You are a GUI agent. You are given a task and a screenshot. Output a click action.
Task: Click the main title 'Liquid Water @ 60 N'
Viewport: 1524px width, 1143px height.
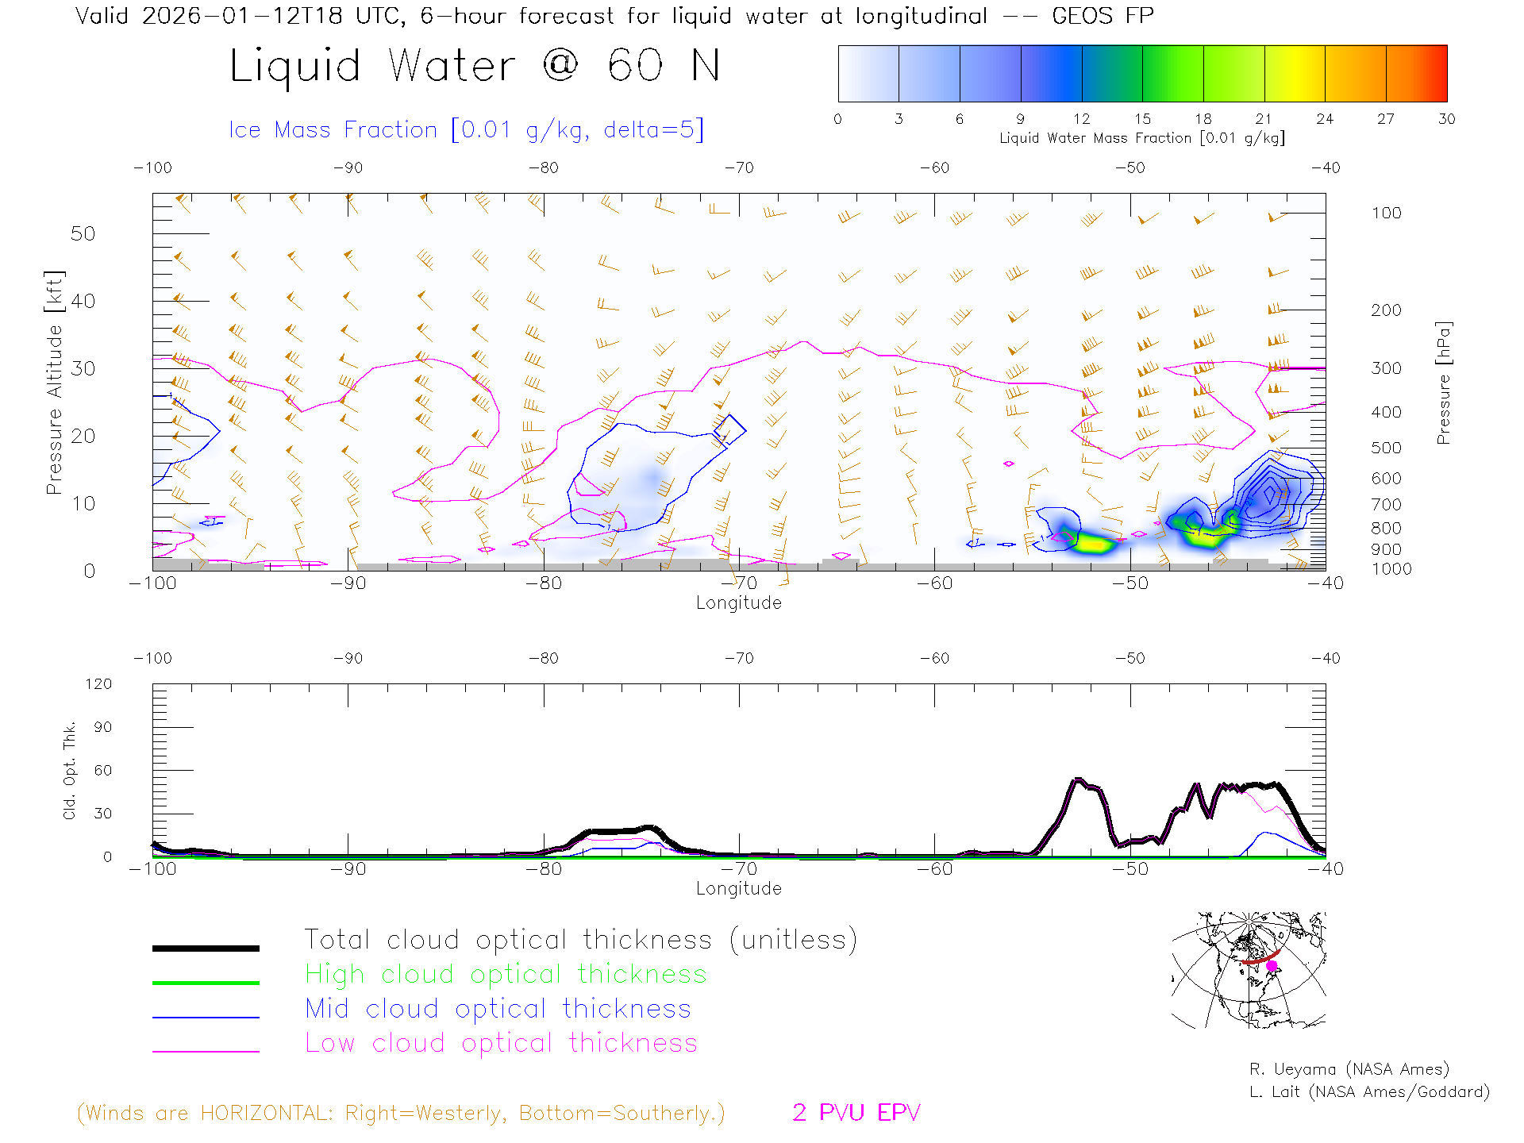[x=475, y=66]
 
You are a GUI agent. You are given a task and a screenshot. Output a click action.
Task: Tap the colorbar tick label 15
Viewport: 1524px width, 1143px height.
[x=1142, y=119]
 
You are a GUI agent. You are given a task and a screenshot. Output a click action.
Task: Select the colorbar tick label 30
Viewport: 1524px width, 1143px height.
[x=1446, y=119]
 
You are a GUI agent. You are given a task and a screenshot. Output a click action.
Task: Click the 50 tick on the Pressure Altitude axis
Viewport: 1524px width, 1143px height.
[x=83, y=234]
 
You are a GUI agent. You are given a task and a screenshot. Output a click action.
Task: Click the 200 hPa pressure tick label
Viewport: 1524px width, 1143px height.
[x=1386, y=310]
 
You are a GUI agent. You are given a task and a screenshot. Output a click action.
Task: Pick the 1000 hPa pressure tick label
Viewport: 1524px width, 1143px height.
[x=1391, y=569]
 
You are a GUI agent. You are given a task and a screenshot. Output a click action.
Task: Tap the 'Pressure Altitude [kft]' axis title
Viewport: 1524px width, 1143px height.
[x=54, y=383]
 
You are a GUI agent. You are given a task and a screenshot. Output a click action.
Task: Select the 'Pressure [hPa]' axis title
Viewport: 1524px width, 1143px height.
[x=1443, y=383]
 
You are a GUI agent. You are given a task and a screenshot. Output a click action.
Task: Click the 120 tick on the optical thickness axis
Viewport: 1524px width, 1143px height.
[x=98, y=684]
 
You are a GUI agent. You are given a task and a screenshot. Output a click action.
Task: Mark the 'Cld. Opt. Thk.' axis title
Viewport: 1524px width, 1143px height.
[x=70, y=770]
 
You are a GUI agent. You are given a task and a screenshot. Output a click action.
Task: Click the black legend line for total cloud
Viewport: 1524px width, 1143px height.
[x=206, y=948]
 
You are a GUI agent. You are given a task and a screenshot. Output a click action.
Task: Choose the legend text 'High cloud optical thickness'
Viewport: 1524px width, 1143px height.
[x=506, y=974]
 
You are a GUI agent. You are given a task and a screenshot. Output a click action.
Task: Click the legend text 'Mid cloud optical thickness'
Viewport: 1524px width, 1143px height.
[x=498, y=1009]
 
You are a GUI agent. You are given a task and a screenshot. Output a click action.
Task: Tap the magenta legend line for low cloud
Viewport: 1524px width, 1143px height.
[x=206, y=1051]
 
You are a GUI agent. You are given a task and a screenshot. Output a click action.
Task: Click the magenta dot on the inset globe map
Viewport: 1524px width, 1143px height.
[x=1272, y=966]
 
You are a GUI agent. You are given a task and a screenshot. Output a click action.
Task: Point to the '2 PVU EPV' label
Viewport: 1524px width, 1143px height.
[x=856, y=1113]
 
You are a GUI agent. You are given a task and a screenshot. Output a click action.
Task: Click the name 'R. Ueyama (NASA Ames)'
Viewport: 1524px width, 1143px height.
[x=1349, y=1069]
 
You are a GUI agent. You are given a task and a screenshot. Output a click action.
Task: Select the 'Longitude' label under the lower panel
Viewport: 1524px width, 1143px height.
[x=738, y=888]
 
